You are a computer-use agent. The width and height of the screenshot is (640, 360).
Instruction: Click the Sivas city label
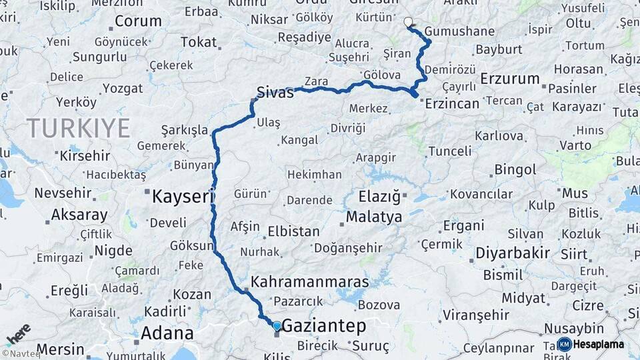[275, 93]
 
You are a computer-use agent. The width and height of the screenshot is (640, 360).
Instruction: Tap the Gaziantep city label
[324, 326]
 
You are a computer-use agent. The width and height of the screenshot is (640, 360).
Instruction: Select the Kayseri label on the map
[182, 196]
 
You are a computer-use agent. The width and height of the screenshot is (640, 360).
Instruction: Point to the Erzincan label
[452, 103]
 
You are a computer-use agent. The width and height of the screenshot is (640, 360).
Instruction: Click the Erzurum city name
[509, 79]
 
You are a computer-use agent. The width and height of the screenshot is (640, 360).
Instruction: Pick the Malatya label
[374, 217]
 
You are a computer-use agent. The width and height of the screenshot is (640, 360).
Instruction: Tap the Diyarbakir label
[513, 253]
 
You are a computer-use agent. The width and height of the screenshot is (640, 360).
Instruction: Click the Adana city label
[167, 333]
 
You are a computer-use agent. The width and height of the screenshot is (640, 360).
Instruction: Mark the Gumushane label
[459, 31]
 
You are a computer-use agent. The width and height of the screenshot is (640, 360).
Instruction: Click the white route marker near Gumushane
[408, 22]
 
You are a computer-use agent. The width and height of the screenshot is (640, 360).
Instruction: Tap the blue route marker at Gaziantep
[277, 325]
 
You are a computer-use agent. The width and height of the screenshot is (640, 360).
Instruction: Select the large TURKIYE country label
[78, 128]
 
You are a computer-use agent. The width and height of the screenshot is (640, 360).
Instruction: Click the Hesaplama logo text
[598, 344]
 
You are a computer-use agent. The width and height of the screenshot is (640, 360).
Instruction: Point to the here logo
[18, 333]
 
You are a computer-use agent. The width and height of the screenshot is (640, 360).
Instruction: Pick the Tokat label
[199, 42]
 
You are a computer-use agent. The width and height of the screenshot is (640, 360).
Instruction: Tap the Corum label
[138, 21]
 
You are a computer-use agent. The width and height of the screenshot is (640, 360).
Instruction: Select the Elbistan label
[293, 232]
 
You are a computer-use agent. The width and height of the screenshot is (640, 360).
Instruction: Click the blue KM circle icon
[564, 344]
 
